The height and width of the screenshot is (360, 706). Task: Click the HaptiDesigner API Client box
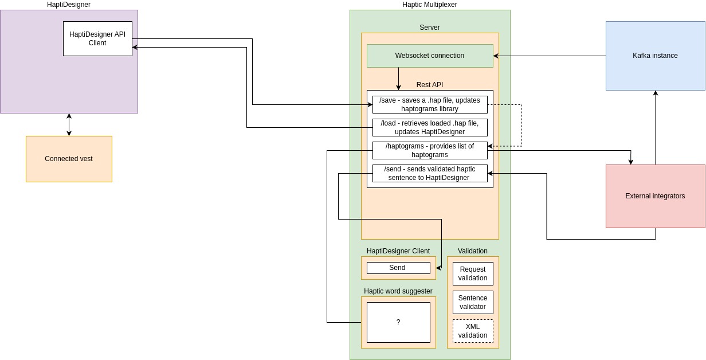tap(97, 39)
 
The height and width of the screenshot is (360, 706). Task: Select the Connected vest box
tap(69, 159)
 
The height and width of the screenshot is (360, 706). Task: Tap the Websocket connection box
tap(430, 56)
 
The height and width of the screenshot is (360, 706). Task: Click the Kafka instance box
tap(655, 56)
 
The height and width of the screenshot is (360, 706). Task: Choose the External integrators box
tap(655, 196)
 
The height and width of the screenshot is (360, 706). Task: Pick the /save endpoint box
tap(430, 104)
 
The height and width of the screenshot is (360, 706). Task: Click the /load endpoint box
tap(430, 127)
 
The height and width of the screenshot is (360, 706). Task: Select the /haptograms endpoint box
tap(430, 150)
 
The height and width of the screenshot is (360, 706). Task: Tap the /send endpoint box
tap(430, 173)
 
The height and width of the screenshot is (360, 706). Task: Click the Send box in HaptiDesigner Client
tap(398, 268)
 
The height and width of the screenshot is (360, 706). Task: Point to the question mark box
tap(398, 322)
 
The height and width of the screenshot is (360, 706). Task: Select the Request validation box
tap(473, 273)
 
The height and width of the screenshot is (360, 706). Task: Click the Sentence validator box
tap(473, 302)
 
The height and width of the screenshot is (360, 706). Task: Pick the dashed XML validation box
tap(473, 331)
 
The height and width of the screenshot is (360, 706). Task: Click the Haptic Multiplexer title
tap(429, 5)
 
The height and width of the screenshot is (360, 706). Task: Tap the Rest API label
tap(430, 85)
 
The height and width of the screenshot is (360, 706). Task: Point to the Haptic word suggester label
tap(398, 291)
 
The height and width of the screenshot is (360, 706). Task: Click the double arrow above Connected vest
tap(69, 124)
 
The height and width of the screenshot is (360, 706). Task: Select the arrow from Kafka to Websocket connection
tap(550, 56)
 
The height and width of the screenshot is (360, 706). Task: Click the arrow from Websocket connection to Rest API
tap(398, 79)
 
